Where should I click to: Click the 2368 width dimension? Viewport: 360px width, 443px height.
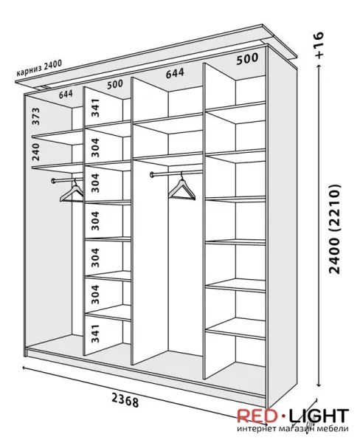(x=125, y=400)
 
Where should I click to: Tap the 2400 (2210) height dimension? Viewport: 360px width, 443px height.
(x=335, y=229)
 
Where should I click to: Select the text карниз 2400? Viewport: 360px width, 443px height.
(x=39, y=69)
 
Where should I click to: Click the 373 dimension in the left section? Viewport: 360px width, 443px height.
(x=36, y=116)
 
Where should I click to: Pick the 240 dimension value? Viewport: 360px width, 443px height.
(x=36, y=151)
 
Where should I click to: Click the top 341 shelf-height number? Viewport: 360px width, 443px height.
(x=95, y=108)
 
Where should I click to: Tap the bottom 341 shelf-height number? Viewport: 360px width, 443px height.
(x=95, y=334)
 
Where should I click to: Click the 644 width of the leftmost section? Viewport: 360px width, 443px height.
(x=66, y=94)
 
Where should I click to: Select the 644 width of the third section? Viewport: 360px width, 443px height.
(x=175, y=73)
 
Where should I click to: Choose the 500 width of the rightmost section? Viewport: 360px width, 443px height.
(x=247, y=59)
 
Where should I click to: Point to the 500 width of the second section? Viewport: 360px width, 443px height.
(x=115, y=84)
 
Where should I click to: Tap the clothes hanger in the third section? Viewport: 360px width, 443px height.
(x=181, y=187)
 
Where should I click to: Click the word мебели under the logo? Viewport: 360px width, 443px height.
(x=335, y=428)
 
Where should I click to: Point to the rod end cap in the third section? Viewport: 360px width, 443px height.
(x=153, y=175)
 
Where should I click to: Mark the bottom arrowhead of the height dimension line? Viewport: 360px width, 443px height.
(x=319, y=384)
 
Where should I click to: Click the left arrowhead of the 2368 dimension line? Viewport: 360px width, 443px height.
(x=25, y=368)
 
